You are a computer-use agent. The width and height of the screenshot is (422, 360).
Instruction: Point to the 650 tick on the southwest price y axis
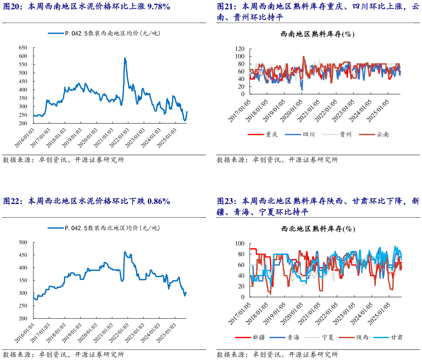pos(23,47)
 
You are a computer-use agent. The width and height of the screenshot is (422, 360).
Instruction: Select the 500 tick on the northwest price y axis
pos(23,242)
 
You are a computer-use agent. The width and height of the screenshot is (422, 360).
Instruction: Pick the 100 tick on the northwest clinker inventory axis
pos(240,243)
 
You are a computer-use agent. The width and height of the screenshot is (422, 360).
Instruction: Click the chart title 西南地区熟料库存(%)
pos(318,34)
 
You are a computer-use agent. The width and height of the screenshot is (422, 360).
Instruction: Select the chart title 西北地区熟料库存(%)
pos(318,229)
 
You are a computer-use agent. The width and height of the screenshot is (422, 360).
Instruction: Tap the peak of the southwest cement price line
pos(125,58)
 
